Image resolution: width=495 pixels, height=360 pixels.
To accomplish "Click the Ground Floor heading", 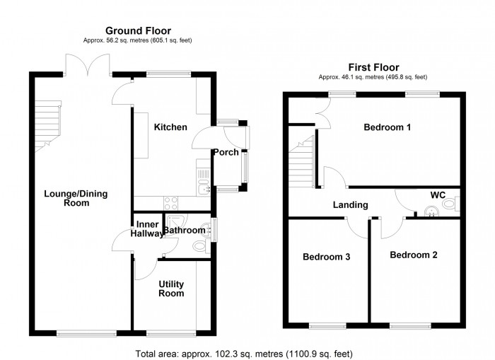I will (139, 30).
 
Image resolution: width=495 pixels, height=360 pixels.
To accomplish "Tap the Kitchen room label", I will (170, 127).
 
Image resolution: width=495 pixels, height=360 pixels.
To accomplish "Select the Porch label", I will (226, 152).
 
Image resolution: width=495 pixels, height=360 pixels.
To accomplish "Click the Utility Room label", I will (171, 289).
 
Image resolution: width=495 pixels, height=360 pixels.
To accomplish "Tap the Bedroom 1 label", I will (388, 127).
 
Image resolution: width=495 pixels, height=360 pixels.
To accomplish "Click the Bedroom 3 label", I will (327, 257).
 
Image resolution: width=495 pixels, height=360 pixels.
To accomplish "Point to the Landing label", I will (351, 205).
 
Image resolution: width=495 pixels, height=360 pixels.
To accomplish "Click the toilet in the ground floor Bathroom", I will (200, 245).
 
